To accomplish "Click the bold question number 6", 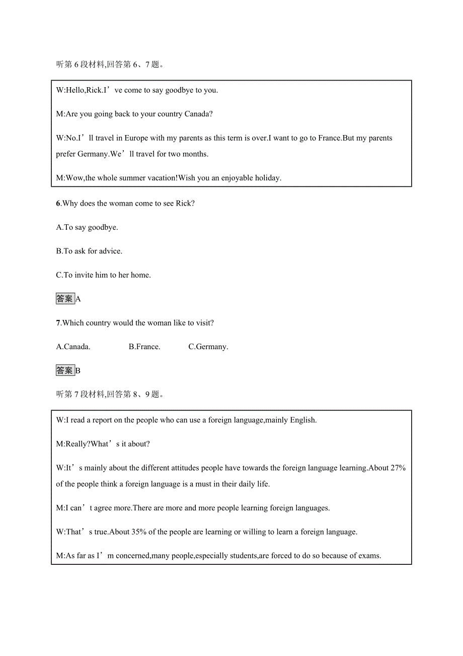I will (58, 204).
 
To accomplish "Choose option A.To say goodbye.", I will (87, 227).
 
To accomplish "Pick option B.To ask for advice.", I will (89, 251).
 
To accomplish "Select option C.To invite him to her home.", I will (103, 275).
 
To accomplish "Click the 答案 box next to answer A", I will (65, 299).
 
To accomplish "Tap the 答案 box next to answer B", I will (65, 370).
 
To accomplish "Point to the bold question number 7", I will (58, 323).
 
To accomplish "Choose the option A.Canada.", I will (73, 347).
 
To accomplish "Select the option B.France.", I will (144, 347).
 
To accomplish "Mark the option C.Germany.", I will (208, 347).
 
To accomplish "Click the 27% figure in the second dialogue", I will (398, 468).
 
